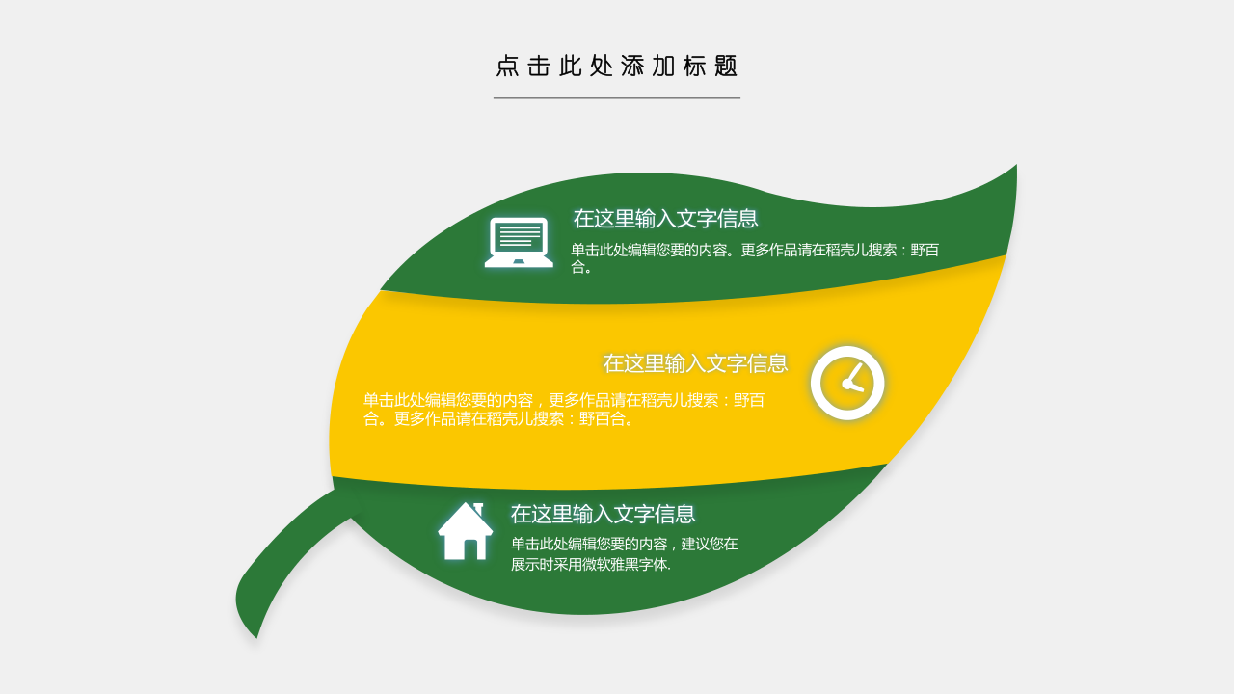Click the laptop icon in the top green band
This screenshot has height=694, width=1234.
tap(519, 242)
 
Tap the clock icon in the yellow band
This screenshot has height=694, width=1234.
tap(847, 384)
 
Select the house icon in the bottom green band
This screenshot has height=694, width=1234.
tap(465, 531)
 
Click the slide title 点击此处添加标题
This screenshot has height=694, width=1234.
tap(616, 67)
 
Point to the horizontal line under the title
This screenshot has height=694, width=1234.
tap(616, 98)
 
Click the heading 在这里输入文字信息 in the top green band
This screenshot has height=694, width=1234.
tap(665, 219)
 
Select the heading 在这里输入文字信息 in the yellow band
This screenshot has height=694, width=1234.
tap(695, 363)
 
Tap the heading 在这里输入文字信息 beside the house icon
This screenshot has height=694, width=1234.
tap(603, 514)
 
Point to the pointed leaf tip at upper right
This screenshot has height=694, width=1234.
tap(1016, 165)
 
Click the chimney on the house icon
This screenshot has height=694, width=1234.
tap(478, 509)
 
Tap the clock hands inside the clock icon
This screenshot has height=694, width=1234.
tap(851, 380)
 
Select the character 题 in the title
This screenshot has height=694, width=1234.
tap(726, 67)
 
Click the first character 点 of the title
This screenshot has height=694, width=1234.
tap(507, 67)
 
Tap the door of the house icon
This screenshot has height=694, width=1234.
tap(470, 549)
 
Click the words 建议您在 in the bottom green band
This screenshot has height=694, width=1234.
tap(709, 545)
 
